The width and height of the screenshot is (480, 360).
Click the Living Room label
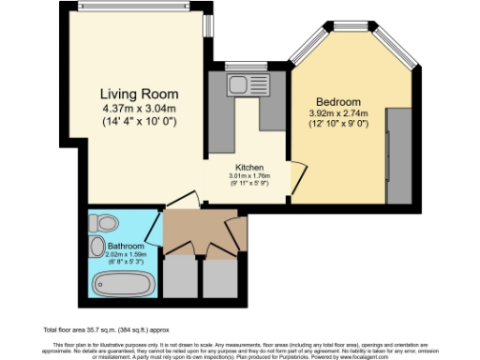click(140, 95)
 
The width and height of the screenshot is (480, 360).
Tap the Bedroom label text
click(337, 101)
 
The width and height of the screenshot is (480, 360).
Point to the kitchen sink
click(248, 83)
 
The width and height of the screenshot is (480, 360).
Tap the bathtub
click(118, 282)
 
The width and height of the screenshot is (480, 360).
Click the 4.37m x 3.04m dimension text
click(140, 109)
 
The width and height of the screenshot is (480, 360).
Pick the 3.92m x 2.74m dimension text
click(337, 113)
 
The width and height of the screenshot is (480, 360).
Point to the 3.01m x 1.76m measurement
click(248, 174)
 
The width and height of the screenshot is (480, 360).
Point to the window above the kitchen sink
click(247, 67)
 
